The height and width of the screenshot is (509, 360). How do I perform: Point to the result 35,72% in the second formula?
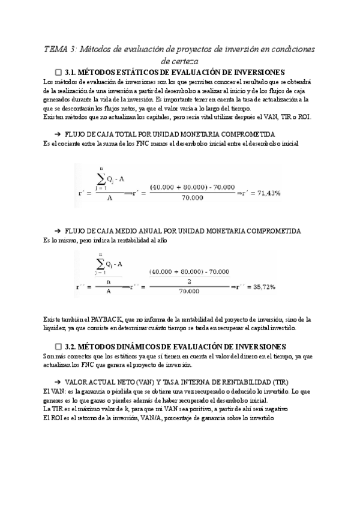tap(260, 287)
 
